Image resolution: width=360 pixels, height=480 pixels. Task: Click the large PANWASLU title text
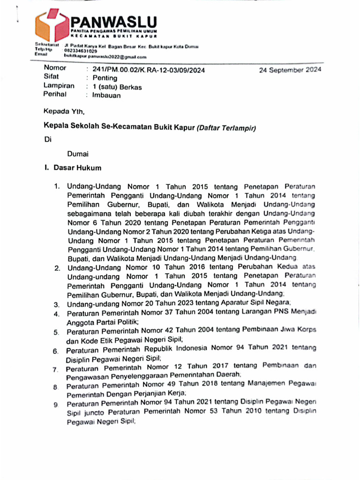click(x=113, y=22)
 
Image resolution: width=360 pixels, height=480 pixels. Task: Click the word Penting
click(x=105, y=78)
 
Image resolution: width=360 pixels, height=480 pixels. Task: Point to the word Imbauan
click(x=106, y=95)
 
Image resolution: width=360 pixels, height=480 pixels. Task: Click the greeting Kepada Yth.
click(x=64, y=112)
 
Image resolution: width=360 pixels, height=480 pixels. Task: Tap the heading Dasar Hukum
click(x=77, y=167)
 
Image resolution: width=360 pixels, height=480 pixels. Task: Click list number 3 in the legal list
click(x=56, y=305)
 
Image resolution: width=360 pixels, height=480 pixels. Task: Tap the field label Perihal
click(x=56, y=94)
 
